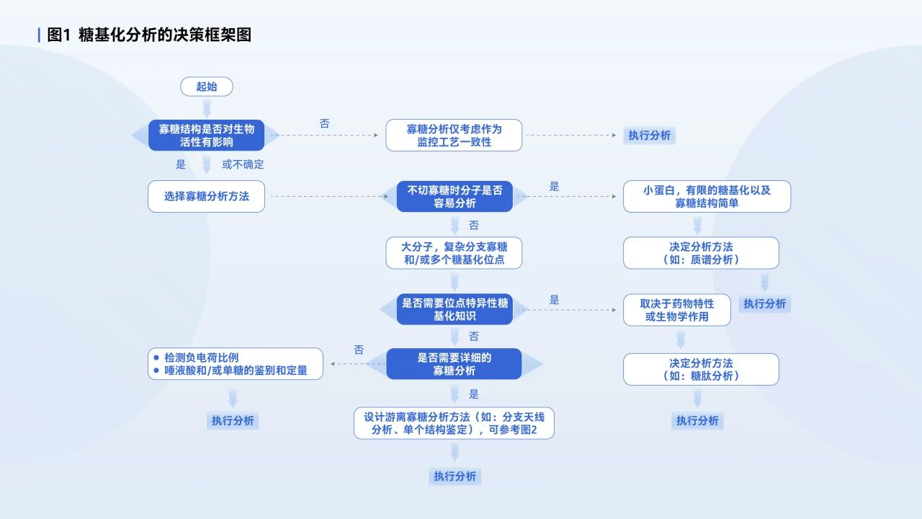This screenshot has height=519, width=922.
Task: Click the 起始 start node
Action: [x=207, y=86]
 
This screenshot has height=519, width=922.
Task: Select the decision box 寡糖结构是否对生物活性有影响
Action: [x=207, y=136]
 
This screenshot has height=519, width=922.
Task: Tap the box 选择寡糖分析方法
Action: [x=207, y=196]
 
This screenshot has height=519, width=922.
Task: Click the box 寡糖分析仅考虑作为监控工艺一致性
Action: [x=454, y=136]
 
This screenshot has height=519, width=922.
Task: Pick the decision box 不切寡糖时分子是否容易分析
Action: [x=455, y=197]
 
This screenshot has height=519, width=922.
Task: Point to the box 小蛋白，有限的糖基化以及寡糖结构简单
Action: [x=707, y=197]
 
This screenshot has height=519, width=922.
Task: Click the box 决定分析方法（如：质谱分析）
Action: [x=701, y=253]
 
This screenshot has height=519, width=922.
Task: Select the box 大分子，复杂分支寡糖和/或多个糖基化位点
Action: [x=454, y=253]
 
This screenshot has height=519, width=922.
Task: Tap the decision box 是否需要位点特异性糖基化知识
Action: [x=455, y=309]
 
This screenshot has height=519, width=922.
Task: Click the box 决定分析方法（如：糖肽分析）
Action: [x=701, y=369]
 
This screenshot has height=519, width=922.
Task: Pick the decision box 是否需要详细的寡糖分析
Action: [x=455, y=364]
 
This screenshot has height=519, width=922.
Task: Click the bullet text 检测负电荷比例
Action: [x=201, y=358]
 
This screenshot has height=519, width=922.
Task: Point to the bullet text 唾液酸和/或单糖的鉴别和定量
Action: [x=236, y=371]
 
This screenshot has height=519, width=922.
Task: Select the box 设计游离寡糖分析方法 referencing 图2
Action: [x=454, y=424]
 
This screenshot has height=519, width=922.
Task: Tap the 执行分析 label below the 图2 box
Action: [x=455, y=476]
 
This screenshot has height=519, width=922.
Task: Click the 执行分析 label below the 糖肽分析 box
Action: [x=697, y=420]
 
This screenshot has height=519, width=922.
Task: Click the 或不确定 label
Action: [x=243, y=164]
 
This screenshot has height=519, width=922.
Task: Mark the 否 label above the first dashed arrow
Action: [x=325, y=124]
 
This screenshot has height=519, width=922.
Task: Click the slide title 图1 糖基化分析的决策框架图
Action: [x=149, y=35]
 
